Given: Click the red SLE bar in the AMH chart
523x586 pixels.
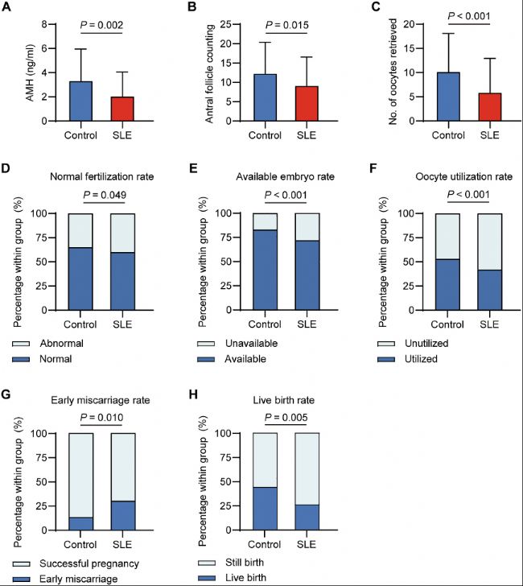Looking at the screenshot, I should tap(123, 109).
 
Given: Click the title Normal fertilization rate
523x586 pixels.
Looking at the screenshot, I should tap(105, 177).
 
